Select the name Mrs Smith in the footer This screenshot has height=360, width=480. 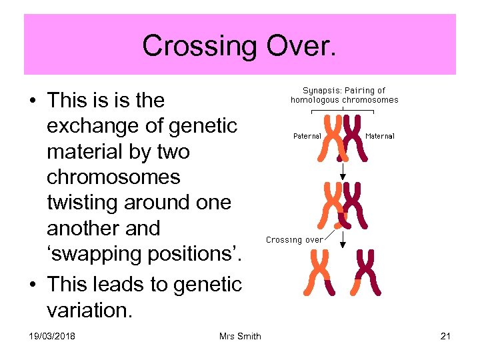coord(240,336)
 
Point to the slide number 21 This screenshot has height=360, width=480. coord(445,336)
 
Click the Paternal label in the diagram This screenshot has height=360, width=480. coord(307,136)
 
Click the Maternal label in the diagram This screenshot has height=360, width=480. coord(380,136)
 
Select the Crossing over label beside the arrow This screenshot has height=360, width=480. coord(295,239)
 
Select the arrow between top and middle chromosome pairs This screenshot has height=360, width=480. coord(343,170)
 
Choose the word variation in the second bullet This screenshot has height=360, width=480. coord(89,311)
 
